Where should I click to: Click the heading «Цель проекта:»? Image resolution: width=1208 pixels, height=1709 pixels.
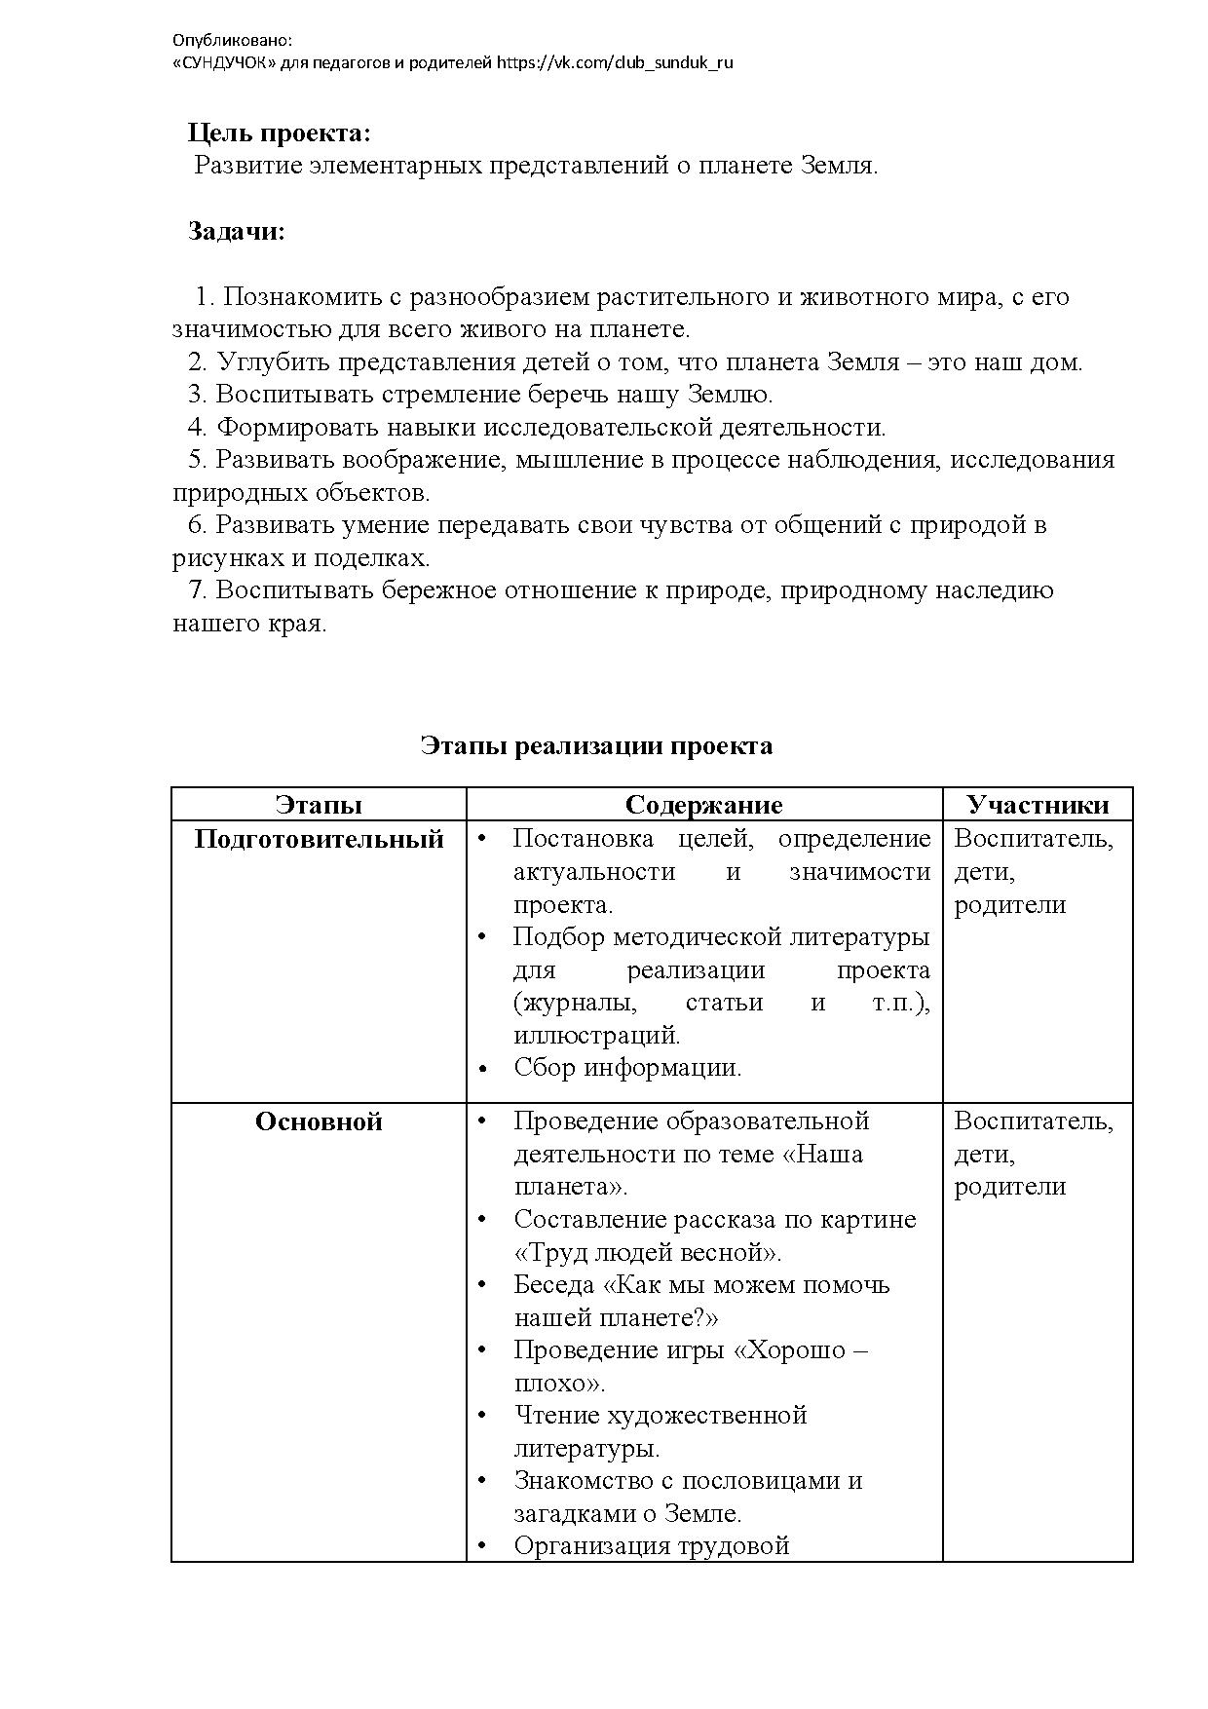[x=279, y=133]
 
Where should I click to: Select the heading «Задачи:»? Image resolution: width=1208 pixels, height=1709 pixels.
[x=237, y=232]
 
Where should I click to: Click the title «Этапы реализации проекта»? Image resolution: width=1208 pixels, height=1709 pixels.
[x=596, y=745]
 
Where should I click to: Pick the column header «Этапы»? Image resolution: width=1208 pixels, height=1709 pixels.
[x=319, y=805]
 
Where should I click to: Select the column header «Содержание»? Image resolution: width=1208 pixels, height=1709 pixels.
[x=703, y=805]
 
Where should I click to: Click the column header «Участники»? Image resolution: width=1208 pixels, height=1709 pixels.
[x=1038, y=805]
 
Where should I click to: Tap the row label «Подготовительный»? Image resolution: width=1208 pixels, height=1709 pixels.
[x=319, y=839]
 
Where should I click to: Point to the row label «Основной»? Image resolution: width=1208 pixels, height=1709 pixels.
[x=319, y=1121]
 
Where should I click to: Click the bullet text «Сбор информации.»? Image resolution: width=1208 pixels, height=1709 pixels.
[x=627, y=1067]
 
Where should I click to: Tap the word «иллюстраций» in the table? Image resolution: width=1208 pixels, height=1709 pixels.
[x=595, y=1035]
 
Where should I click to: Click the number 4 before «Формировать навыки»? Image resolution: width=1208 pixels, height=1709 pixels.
[x=197, y=427]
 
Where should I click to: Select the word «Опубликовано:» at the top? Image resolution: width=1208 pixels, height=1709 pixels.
[x=232, y=41]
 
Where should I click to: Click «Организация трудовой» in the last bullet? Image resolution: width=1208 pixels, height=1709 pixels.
[x=651, y=1545]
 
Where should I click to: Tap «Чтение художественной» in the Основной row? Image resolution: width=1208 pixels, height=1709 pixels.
[x=661, y=1415]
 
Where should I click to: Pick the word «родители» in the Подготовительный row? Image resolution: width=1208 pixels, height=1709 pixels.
[x=1009, y=904]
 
